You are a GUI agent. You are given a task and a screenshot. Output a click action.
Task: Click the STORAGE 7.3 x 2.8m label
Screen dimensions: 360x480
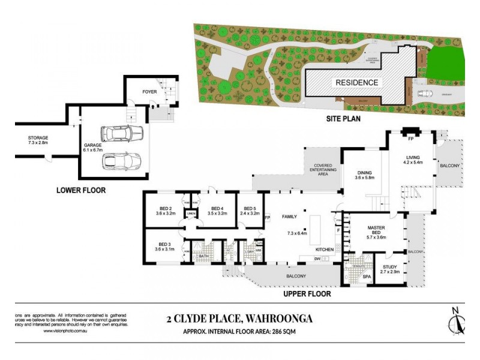click(x=37, y=141)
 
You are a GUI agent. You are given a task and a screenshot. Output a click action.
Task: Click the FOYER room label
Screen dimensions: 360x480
click(x=149, y=92)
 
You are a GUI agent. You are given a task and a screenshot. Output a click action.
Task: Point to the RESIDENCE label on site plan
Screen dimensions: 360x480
click(x=356, y=83)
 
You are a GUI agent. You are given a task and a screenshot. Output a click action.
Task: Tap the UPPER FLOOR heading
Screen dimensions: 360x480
click(x=307, y=294)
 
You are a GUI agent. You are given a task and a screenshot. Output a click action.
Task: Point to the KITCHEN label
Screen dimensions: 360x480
click(x=325, y=249)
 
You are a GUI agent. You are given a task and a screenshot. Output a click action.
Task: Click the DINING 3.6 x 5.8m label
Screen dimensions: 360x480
click(x=364, y=175)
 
